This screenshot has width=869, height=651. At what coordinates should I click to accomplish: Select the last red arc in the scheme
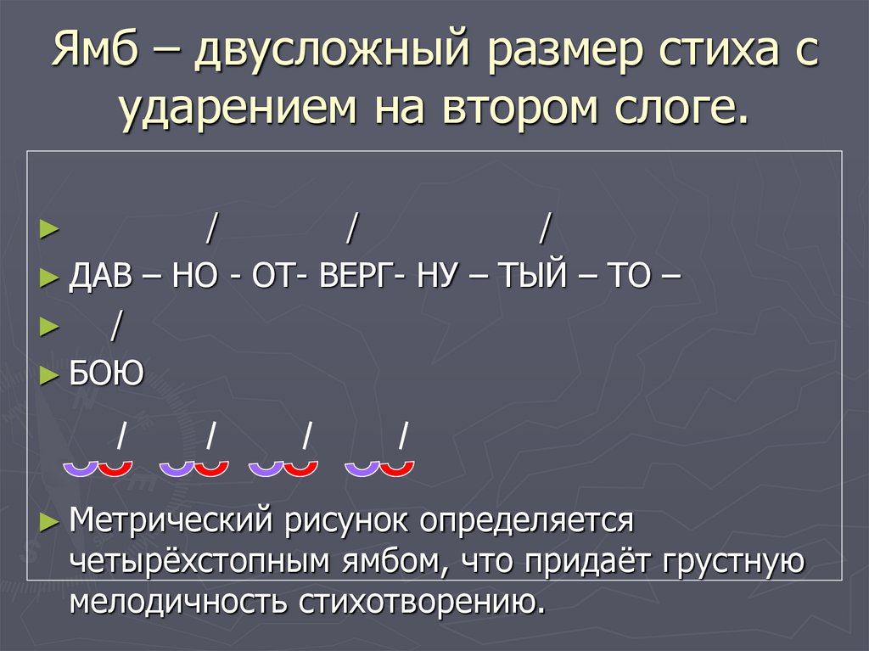click(x=396, y=468)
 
